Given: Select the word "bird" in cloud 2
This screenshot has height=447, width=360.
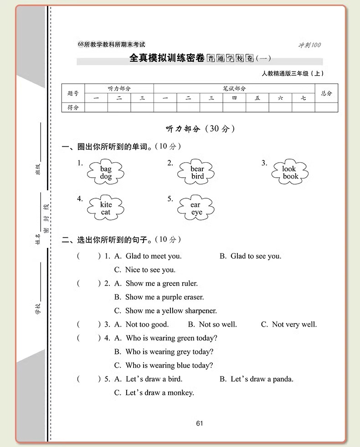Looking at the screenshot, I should (197, 176).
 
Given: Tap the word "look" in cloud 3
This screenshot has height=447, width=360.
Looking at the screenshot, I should (289, 169).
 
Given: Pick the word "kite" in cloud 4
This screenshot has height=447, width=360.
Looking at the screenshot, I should (106, 205).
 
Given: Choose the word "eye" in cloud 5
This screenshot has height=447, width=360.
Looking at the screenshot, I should (196, 212).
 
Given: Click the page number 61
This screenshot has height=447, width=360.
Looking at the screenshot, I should (199, 423).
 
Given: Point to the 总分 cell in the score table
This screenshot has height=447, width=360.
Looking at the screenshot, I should (326, 93).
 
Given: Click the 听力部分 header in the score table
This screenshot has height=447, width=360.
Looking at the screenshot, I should (119, 88).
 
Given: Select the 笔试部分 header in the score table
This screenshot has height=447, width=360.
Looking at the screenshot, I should (234, 88).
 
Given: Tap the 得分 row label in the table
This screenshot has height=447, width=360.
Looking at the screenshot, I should (73, 108).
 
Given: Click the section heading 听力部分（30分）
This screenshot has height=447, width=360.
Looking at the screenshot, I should (200, 129).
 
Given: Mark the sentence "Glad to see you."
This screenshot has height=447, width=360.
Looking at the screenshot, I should (256, 256).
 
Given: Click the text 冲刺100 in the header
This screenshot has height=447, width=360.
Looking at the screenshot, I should (309, 45).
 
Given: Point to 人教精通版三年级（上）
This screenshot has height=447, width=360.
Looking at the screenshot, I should (293, 74).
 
